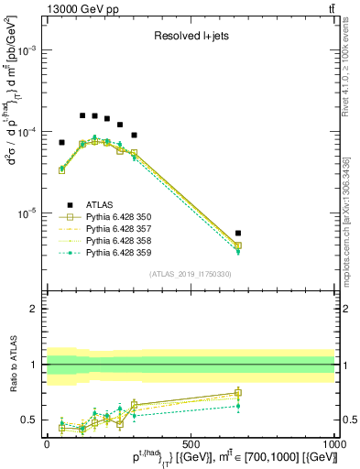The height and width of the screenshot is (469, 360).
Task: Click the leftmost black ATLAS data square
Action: [x=62, y=143]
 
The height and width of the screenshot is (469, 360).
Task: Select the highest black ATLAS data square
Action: [x=82, y=115]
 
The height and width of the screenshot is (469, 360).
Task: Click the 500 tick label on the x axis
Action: [x=191, y=442]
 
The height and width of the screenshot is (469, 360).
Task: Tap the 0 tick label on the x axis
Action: [x=48, y=442]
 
